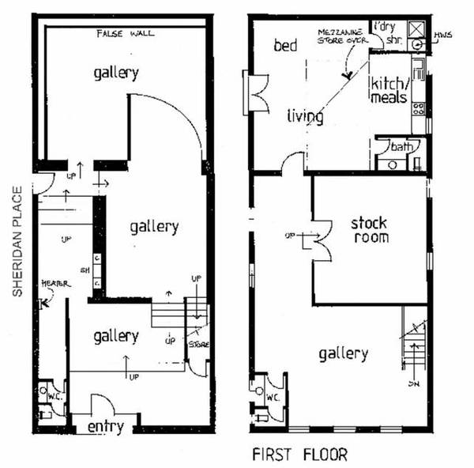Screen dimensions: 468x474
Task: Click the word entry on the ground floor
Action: tap(105, 428)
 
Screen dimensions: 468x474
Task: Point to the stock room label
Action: tap(369, 230)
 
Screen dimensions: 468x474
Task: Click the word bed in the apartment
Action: tap(284, 47)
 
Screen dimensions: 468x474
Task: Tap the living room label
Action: tap(305, 117)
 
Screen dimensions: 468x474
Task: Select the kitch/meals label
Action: tap(389, 92)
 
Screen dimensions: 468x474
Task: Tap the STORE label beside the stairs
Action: tap(197, 344)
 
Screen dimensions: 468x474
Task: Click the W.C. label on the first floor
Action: tap(273, 396)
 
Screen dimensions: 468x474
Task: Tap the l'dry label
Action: tap(383, 25)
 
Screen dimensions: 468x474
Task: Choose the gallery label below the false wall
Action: tap(115, 74)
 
